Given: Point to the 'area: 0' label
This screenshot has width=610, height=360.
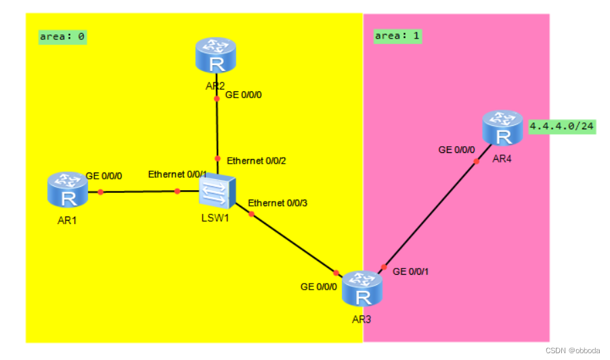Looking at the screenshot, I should click(x=62, y=37).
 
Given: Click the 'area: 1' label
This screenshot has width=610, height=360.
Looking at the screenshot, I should click(x=397, y=36).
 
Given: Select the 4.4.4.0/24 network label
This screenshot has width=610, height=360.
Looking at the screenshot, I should click(x=562, y=127).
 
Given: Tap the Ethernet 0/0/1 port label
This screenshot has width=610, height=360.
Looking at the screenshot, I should click(x=178, y=175).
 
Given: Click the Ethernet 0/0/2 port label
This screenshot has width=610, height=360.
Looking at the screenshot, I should click(x=257, y=161).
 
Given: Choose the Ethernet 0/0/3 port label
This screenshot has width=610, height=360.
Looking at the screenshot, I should click(x=278, y=203).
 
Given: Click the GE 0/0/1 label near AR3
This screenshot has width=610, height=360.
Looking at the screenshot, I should click(x=410, y=271).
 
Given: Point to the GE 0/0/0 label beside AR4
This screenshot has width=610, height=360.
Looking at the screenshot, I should click(x=457, y=150).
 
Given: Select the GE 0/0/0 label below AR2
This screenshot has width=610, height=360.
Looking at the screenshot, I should click(x=243, y=95).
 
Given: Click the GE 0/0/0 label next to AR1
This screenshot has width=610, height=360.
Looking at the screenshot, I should click(x=104, y=176).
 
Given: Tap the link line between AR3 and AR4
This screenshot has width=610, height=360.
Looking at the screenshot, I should click(x=430, y=214).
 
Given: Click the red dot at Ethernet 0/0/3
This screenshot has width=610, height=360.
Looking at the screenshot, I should click(x=251, y=215).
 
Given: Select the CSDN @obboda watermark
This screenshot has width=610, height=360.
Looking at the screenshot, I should click(x=572, y=351).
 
